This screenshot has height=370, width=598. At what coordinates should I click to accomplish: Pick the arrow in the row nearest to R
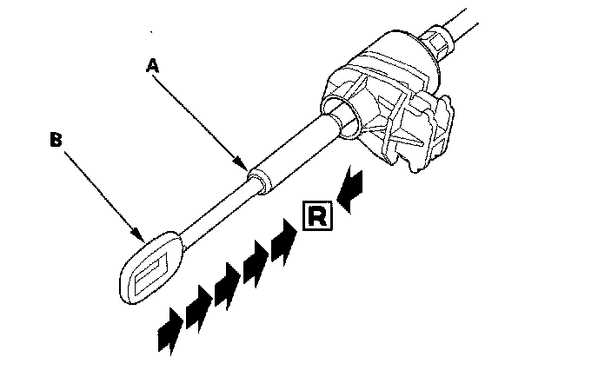(x=283, y=241)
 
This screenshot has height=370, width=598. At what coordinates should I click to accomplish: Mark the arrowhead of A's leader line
(x=246, y=164)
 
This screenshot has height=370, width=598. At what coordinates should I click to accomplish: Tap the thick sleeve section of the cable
(x=292, y=152)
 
